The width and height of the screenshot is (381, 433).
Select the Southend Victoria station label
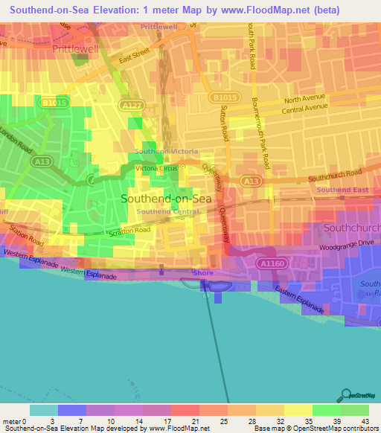pos(166,152)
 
